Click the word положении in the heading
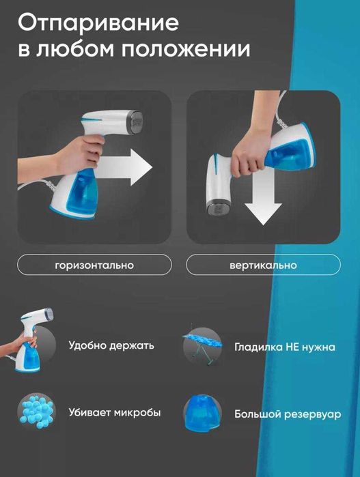[186, 49]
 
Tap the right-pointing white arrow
[126, 167]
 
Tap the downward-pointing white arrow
[263, 198]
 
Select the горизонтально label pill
[94, 265]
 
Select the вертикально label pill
[263, 265]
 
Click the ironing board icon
[202, 346]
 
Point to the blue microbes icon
[37, 412]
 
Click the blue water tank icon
[202, 413]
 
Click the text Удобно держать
[111, 346]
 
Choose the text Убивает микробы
[115, 413]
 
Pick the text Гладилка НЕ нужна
[285, 347]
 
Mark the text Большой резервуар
[288, 415]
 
